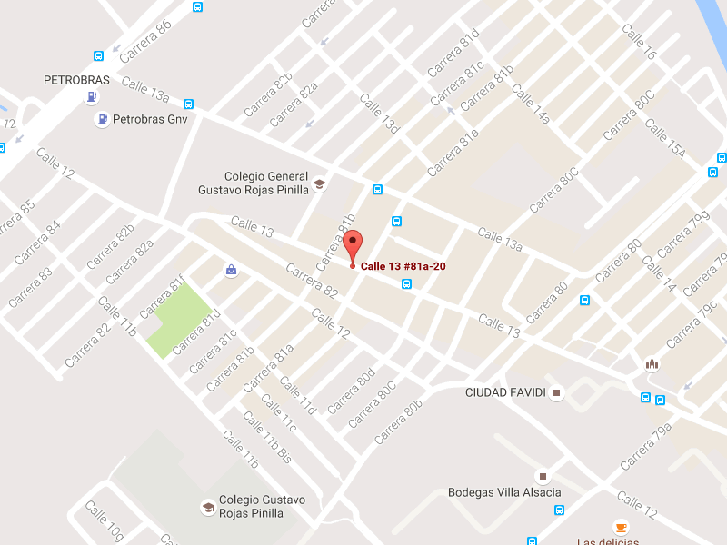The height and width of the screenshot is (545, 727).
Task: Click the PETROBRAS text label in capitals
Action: click(76, 80)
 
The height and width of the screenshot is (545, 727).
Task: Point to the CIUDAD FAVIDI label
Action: click(505, 392)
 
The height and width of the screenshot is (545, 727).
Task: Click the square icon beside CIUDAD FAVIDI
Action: click(557, 392)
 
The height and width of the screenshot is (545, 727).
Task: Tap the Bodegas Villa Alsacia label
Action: click(504, 492)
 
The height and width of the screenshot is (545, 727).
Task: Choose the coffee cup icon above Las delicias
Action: click(621, 527)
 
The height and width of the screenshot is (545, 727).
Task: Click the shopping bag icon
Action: click(231, 270)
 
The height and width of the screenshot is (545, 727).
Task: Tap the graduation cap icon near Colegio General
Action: click(319, 184)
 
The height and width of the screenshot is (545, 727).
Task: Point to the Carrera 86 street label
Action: click(145, 41)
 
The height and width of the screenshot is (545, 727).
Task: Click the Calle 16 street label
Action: click(638, 42)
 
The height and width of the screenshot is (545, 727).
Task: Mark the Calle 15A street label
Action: click(664, 137)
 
